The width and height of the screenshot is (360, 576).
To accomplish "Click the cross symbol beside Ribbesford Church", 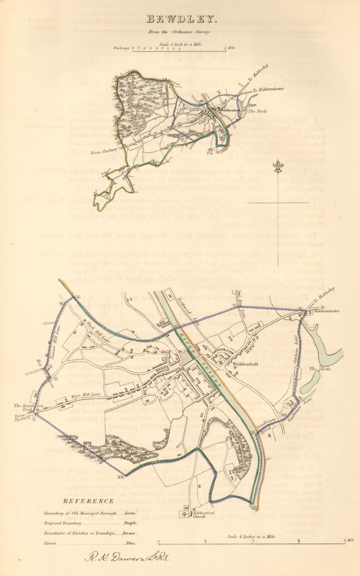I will tap(185, 514).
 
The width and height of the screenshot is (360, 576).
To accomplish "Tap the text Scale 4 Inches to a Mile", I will tap(251, 536).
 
